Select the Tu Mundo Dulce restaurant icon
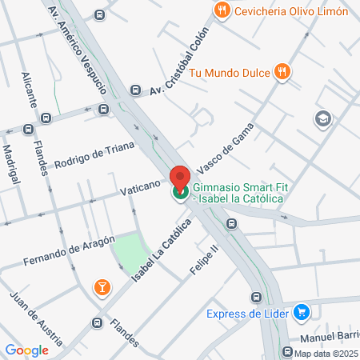(281, 71)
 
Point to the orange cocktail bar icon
(102, 287)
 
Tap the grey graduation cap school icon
(323, 119)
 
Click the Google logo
(26, 350)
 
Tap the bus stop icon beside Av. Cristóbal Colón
(136, 91)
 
